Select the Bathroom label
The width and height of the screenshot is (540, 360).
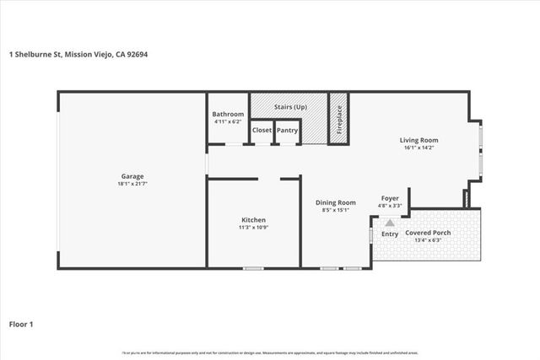coord(228,114)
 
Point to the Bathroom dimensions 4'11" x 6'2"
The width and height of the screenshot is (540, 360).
coord(228,121)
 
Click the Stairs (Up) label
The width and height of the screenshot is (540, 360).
coord(289,109)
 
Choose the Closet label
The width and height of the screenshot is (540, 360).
coord(262,131)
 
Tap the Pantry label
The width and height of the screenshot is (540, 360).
coord(288,131)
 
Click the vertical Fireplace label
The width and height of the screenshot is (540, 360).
coord(339,119)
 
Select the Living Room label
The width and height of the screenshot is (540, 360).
coord(418,140)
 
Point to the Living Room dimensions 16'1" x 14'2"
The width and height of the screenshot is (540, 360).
coord(418,148)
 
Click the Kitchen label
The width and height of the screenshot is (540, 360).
coord(254,220)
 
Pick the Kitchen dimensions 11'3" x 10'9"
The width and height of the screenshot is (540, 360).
coord(254,228)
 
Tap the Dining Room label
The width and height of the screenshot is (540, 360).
coord(335,202)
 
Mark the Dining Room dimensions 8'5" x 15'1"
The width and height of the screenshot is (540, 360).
coord(335,210)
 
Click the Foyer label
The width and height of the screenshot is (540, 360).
coord(390,198)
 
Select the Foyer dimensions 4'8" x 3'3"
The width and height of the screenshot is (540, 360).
coord(390,206)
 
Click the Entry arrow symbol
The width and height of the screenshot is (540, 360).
coord(390,223)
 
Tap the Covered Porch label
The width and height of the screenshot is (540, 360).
coord(428,233)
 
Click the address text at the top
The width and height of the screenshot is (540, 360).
coord(79,55)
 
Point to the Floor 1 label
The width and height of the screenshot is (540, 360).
coord(21,323)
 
